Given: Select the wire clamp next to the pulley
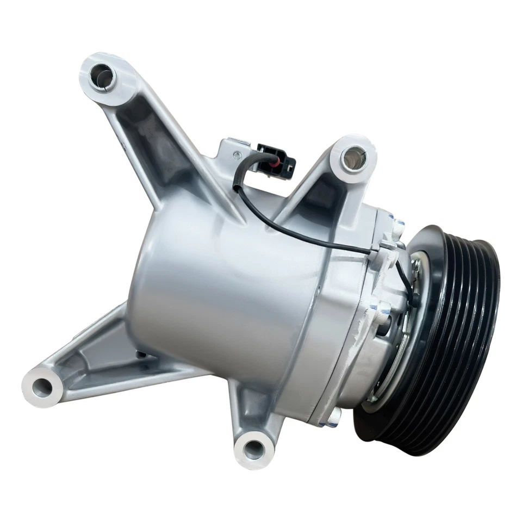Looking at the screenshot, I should pos(389,247).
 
